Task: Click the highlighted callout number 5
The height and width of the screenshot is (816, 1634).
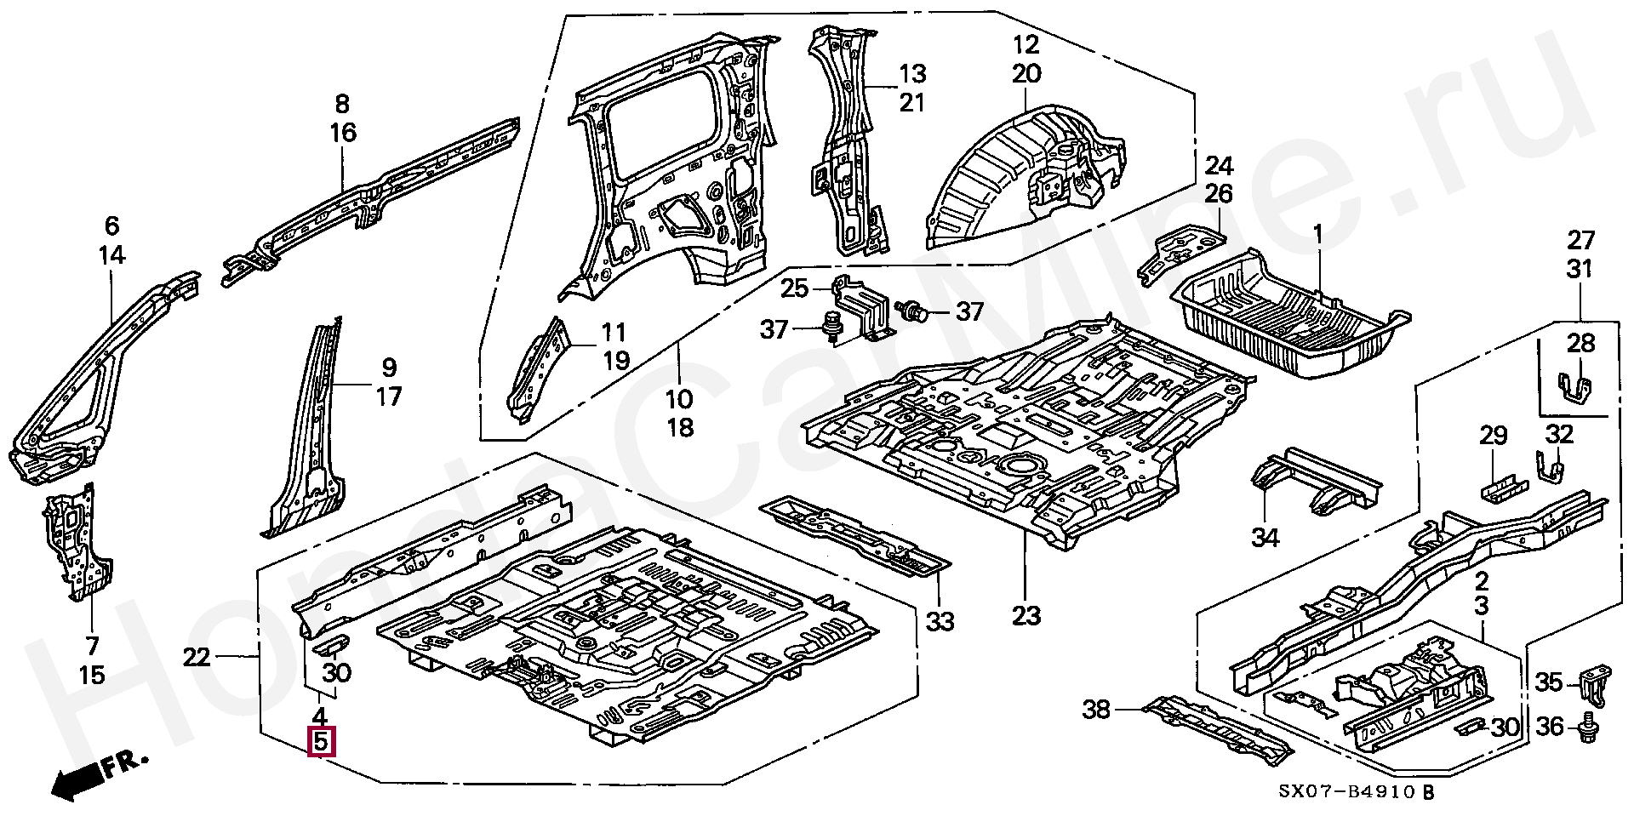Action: pos(320,743)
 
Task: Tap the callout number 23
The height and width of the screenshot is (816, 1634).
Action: pos(1026,615)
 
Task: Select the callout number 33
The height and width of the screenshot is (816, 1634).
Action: pos(940,622)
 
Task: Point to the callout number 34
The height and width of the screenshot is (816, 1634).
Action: pos(1265,538)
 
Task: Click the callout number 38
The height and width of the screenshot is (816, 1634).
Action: pos(1096,708)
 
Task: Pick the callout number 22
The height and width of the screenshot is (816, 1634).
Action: pos(197,657)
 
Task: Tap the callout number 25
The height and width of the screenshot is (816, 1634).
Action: pos(795,288)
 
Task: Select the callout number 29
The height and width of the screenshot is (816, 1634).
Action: pos(1494,436)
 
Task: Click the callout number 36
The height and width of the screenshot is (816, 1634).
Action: pos(1551,728)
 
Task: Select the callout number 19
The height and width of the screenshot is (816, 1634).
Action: pos(616,360)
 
